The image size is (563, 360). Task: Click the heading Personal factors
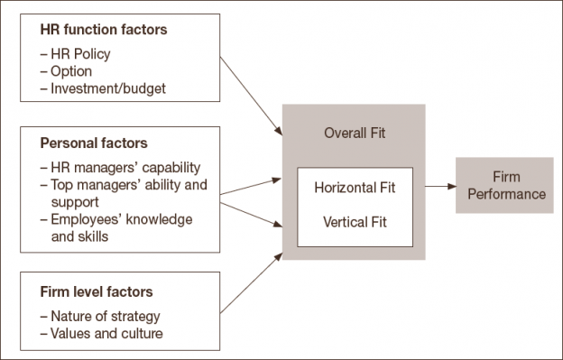[94, 143]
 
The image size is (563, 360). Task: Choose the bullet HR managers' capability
[125, 169]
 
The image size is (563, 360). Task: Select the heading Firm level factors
[96, 291]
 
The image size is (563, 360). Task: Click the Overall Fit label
[354, 133]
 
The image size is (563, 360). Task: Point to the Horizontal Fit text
[355, 189]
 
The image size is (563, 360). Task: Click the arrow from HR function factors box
[252, 98]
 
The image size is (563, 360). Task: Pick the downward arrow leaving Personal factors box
[250, 213]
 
